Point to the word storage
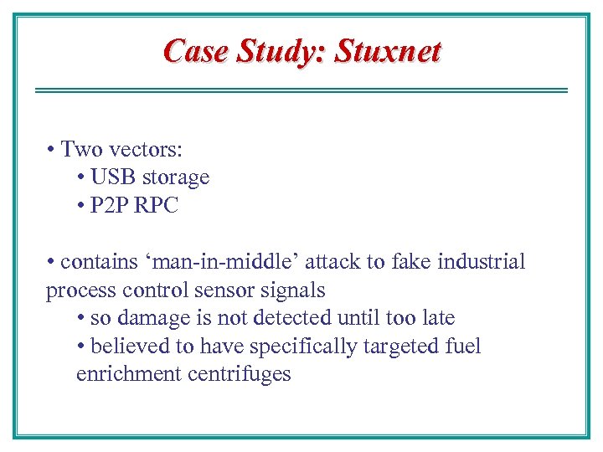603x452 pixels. point(175,178)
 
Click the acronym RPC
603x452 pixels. point(157,206)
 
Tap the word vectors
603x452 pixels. point(143,150)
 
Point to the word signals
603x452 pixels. point(294,290)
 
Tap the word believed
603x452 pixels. point(125,346)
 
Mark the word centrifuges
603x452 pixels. point(239,373)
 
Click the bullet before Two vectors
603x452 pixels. point(51,151)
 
